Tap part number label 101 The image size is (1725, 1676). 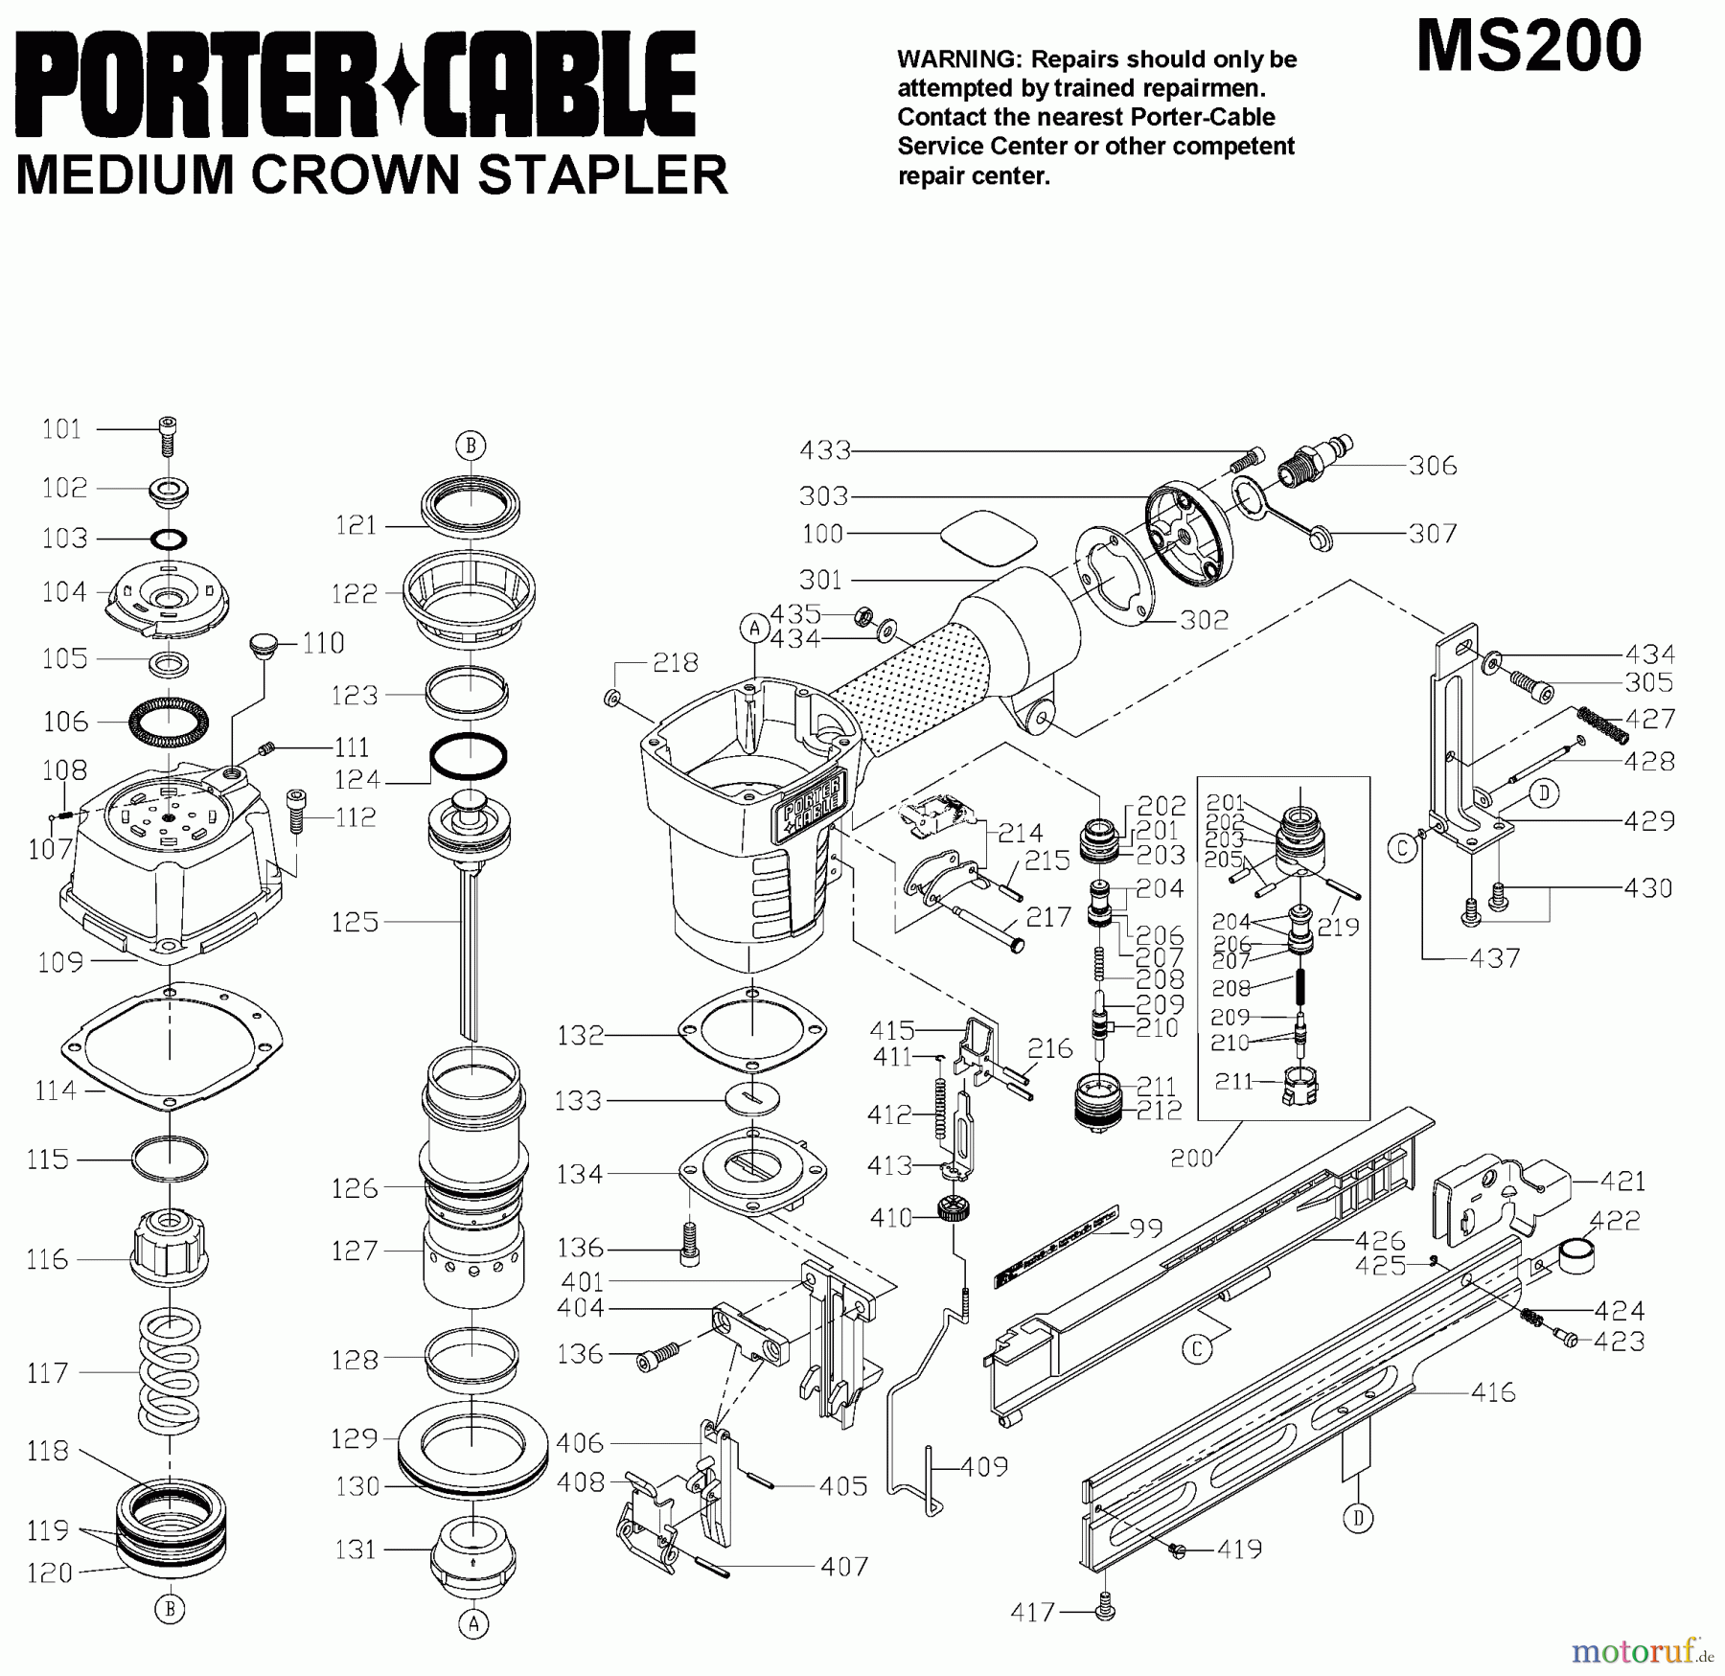click(x=61, y=429)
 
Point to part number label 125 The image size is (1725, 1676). click(x=356, y=922)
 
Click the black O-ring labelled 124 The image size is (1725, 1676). click(x=468, y=757)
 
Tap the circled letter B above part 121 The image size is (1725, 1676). click(x=470, y=446)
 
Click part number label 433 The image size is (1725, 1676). click(x=825, y=449)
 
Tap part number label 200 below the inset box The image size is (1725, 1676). click(x=1191, y=1158)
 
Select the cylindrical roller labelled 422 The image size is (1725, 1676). click(x=1576, y=1254)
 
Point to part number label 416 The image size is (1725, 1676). click(x=1493, y=1391)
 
